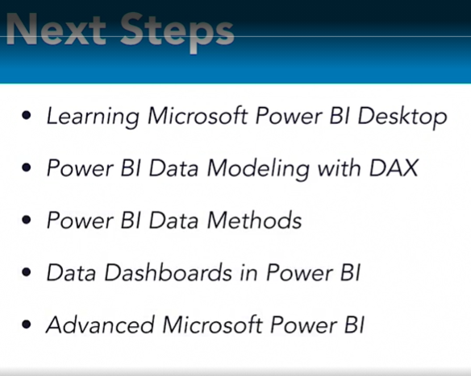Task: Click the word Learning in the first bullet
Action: point(90,117)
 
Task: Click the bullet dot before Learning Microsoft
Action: point(28,117)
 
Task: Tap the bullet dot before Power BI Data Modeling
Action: point(28,169)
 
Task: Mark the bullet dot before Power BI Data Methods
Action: point(28,221)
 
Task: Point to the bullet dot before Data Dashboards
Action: point(28,273)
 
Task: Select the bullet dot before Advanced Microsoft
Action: point(28,325)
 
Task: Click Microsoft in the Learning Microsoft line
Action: point(189,116)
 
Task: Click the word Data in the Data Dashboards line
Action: point(66,272)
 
